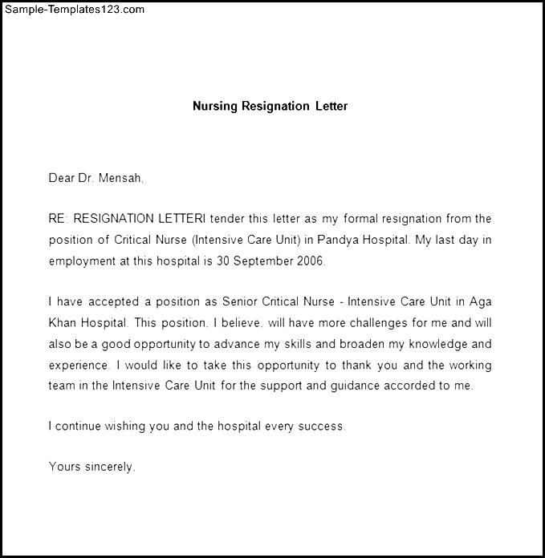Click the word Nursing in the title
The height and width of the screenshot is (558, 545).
point(215,106)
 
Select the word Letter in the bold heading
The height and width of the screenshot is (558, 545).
point(331,106)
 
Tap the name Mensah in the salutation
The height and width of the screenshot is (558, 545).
point(122,179)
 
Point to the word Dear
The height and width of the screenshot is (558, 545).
point(61,179)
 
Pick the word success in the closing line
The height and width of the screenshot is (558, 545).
point(321,427)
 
